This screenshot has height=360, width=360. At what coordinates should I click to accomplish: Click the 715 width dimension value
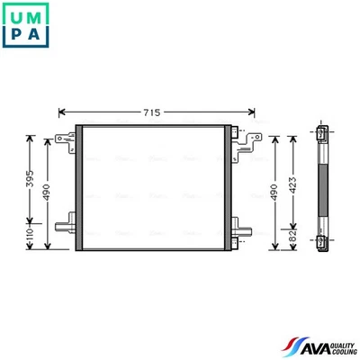click(151, 112)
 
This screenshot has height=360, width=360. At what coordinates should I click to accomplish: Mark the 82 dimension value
click(292, 236)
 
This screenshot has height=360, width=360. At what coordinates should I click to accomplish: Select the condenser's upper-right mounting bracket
click(239, 134)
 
